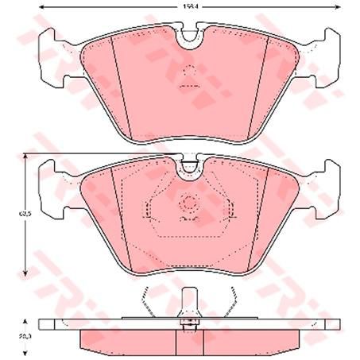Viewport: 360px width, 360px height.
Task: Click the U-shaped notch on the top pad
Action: pos(190,37)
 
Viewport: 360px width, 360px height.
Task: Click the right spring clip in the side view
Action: pos(233,303)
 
